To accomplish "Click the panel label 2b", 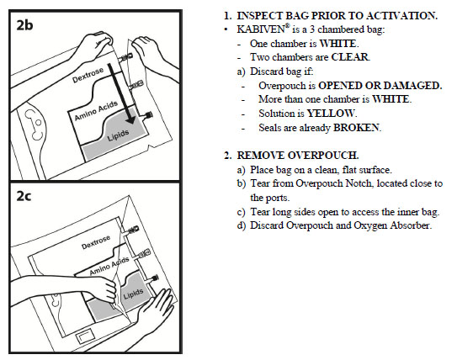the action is click(x=24, y=25).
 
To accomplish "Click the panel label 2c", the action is click(x=24, y=196).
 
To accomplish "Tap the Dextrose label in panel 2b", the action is click(x=88, y=75).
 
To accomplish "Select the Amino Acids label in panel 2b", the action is click(x=96, y=111).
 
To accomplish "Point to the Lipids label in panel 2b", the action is click(x=118, y=135).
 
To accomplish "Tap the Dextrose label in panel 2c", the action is click(x=96, y=242).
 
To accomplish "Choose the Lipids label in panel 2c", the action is click(x=134, y=294).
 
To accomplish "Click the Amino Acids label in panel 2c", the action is click(x=109, y=266).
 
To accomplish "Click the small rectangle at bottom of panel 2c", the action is click(x=85, y=337).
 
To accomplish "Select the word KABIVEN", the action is click(x=261, y=29).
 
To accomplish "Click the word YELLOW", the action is click(x=331, y=114).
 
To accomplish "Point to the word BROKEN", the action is click(x=356, y=128).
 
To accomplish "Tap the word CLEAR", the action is click(x=350, y=57).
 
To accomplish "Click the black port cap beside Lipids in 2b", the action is click(x=149, y=115).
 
